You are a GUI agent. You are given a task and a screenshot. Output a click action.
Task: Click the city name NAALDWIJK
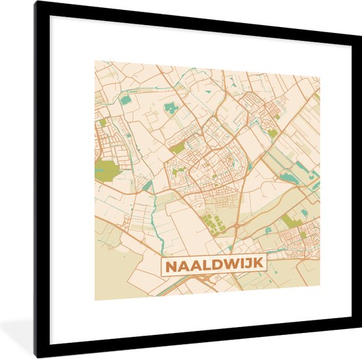[213, 264]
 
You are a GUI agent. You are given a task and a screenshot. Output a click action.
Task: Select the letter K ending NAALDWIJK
[258, 263]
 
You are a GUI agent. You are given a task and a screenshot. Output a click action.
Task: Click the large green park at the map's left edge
[105, 170]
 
